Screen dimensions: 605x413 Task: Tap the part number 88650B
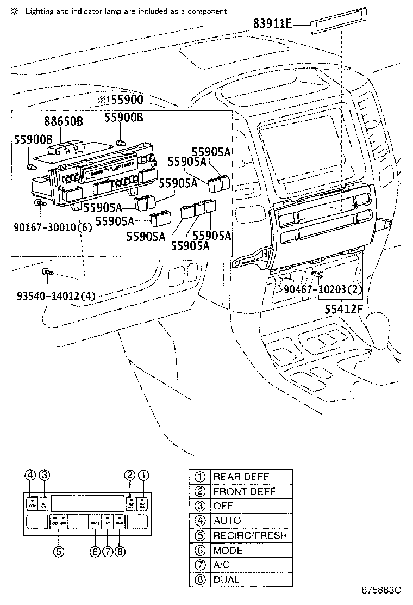pyautogui.click(x=63, y=121)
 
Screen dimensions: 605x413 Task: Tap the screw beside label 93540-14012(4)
pyautogui.click(x=46, y=272)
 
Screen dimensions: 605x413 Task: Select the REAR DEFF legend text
pyautogui.click(x=241, y=477)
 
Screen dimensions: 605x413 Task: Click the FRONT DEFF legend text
pyautogui.click(x=244, y=491)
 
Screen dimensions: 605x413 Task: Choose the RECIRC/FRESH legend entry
pyautogui.click(x=250, y=535)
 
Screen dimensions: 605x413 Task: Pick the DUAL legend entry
pyautogui.click(x=226, y=580)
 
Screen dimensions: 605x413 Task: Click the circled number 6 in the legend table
pyautogui.click(x=199, y=551)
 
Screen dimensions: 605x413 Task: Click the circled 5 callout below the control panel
pyautogui.click(x=59, y=551)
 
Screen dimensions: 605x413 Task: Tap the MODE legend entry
pyautogui.click(x=228, y=550)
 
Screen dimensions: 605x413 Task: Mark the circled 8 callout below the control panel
pyautogui.click(x=120, y=551)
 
